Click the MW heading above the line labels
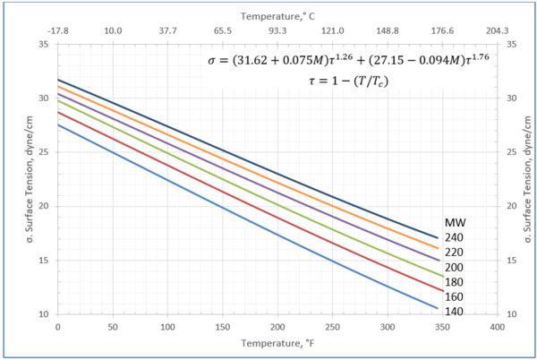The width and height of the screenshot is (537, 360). click(x=456, y=223)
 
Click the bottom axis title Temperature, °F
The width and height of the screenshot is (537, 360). click(x=277, y=345)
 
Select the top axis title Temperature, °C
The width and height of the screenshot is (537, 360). click(x=277, y=15)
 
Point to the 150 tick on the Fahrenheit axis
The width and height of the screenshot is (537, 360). click(x=222, y=328)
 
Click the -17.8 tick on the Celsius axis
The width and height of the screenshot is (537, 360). click(x=57, y=30)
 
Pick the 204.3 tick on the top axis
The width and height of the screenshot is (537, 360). click(x=497, y=30)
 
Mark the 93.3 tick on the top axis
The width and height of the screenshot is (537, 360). click(x=277, y=30)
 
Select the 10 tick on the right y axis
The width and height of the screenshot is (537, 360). click(x=511, y=314)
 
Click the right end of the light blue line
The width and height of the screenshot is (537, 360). click(x=437, y=308)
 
